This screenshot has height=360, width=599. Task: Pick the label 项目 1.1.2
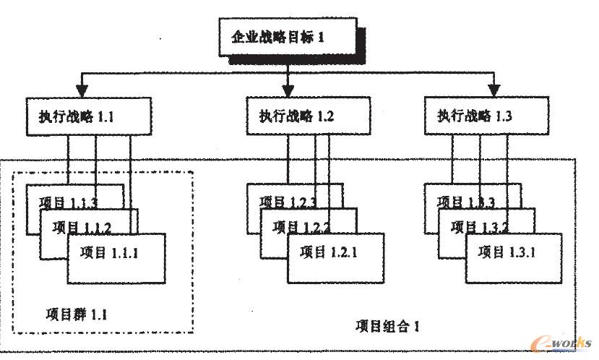point(82,228)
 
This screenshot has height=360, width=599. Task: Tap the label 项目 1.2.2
point(302,228)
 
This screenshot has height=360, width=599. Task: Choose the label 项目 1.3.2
point(480,228)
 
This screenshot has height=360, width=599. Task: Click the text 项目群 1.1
point(75,314)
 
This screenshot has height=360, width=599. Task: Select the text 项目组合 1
point(387,325)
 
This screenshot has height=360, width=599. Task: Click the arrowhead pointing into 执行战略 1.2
point(288,90)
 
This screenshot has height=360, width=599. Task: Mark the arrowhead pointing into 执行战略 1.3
point(495,90)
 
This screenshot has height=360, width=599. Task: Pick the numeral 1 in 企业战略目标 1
point(322,37)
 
